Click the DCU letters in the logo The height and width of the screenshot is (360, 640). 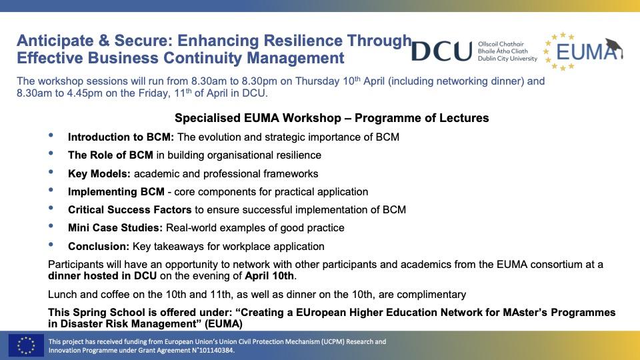point(441,51)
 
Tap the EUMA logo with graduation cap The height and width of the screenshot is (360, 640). point(583,51)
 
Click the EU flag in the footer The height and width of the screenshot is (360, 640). point(26,345)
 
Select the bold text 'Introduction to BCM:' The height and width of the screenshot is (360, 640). point(121,137)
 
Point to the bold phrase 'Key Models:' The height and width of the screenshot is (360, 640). point(99,173)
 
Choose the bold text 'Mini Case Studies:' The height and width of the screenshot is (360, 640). point(115,227)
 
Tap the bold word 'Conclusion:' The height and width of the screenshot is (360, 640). point(99,246)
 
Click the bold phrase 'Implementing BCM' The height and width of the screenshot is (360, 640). point(116,191)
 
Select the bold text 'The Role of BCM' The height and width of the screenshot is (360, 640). point(110,155)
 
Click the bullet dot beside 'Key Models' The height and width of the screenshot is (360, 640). point(52,172)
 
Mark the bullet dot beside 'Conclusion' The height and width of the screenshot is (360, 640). point(52,245)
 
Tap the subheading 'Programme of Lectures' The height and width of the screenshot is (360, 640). point(421,118)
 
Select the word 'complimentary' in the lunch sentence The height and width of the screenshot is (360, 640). point(434,294)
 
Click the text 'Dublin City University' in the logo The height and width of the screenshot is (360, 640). point(507,59)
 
